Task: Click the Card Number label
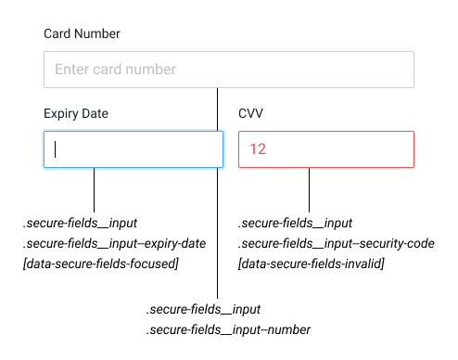(x=82, y=34)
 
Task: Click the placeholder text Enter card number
(x=115, y=70)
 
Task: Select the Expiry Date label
(x=76, y=114)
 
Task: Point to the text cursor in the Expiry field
(x=56, y=149)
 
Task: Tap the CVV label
(x=251, y=114)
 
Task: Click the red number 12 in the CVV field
(x=258, y=149)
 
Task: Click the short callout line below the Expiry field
(x=95, y=189)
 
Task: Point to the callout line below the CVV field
(x=309, y=189)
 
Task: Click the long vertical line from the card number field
(x=217, y=232)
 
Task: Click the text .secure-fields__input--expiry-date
(x=114, y=244)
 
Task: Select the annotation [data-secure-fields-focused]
(x=100, y=264)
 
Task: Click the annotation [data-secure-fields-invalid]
(x=311, y=264)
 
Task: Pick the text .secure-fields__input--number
(x=228, y=329)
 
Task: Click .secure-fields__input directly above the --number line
(x=203, y=309)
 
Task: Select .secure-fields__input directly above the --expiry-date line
(x=81, y=224)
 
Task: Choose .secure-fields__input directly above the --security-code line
(x=295, y=224)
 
